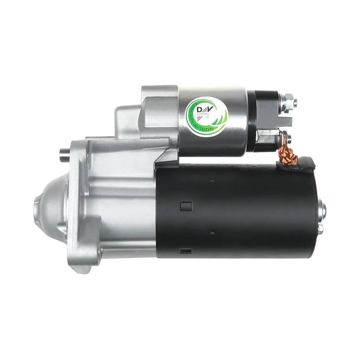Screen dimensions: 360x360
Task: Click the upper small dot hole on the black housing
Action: click(x=211, y=181)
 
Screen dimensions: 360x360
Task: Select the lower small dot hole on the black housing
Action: click(x=211, y=233)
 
